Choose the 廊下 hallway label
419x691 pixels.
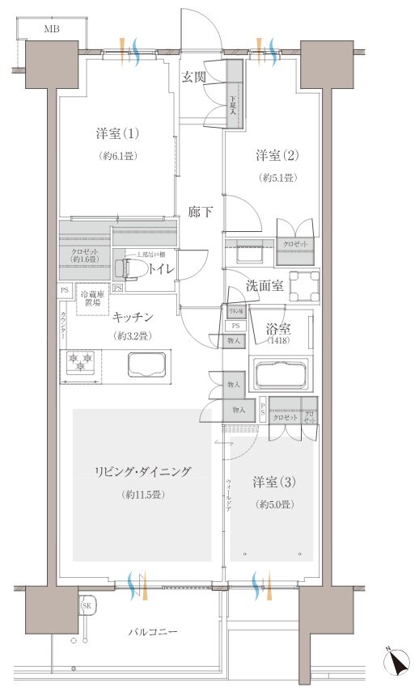201,212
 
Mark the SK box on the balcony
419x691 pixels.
87,606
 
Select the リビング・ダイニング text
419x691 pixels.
142,471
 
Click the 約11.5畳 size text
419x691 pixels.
142,495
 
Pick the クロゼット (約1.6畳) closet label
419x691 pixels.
78,255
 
